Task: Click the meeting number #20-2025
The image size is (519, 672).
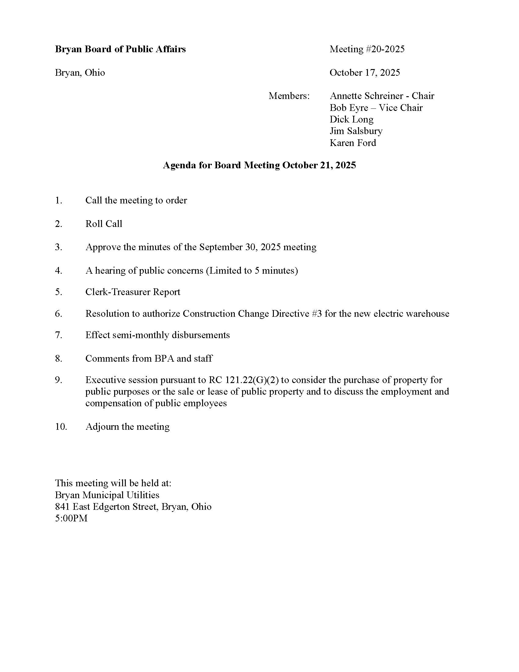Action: point(385,49)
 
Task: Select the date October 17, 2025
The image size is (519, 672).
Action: point(365,73)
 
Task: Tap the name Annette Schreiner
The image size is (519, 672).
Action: point(365,96)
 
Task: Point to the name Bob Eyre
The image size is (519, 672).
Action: point(349,108)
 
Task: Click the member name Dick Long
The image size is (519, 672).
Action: point(351,119)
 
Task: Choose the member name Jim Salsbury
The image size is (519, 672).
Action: point(356,131)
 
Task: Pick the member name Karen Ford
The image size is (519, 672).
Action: point(353,143)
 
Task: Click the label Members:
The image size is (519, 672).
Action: point(289,96)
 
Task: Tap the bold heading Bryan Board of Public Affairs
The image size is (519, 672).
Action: point(120,49)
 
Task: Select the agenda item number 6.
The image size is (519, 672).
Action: point(58,313)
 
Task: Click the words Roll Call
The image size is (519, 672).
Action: point(103,224)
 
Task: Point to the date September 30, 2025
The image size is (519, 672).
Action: point(240,247)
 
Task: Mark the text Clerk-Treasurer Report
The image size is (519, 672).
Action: point(132,292)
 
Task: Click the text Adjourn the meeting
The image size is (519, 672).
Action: point(127,427)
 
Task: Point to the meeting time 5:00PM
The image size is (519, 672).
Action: point(71,518)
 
